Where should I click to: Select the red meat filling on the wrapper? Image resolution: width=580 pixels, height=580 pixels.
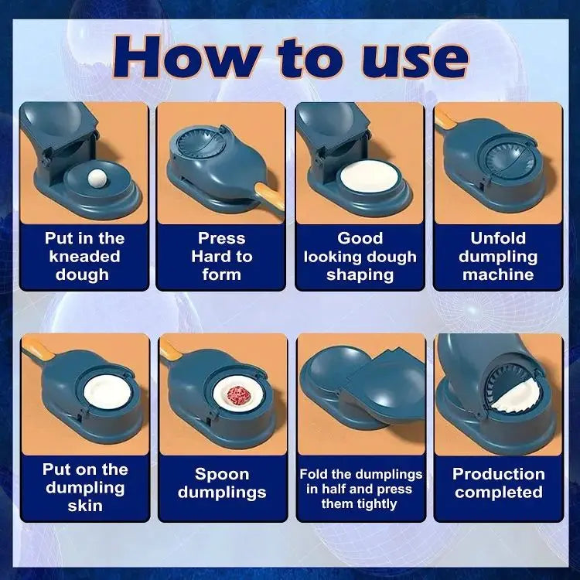239,394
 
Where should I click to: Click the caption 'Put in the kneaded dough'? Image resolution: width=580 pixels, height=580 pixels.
84,256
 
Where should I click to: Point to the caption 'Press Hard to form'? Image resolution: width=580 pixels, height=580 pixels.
221,256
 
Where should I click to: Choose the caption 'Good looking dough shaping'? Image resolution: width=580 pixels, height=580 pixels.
360,256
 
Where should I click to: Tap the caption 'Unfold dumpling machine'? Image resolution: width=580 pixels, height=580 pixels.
498,256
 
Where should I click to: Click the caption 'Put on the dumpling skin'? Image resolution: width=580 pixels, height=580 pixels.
84,487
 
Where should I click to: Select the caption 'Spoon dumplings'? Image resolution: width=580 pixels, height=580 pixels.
222,483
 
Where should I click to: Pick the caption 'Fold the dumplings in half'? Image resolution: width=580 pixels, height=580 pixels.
360,489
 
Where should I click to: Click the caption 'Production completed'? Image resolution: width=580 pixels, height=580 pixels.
499,483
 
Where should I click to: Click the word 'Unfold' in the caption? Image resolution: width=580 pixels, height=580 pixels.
498,238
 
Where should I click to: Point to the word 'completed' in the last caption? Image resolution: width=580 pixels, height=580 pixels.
499,493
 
